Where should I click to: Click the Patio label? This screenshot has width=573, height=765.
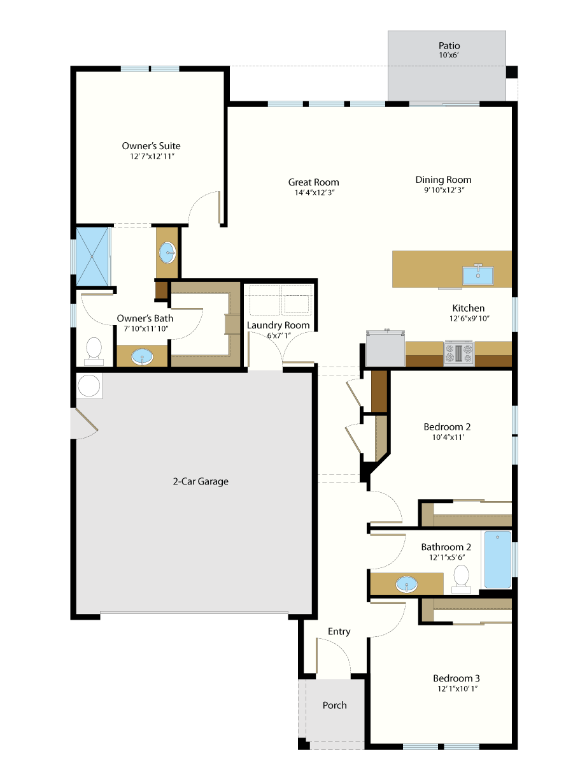[449, 46]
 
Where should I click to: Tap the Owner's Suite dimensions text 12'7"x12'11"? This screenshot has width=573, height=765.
[152, 156]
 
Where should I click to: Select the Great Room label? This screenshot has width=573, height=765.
[313, 182]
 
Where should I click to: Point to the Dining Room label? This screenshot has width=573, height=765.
[443, 180]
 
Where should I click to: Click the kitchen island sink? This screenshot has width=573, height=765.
[478, 275]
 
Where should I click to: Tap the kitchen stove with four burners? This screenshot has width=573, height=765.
[458, 353]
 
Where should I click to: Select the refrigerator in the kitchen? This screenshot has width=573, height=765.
[385, 348]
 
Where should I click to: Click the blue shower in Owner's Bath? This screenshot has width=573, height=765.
[92, 256]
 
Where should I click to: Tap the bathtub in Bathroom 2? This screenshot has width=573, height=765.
[497, 559]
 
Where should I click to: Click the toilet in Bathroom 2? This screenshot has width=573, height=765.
[461, 579]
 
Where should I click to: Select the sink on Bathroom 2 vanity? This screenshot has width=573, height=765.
[406, 584]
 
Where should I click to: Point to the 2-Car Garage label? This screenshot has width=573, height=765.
[201, 481]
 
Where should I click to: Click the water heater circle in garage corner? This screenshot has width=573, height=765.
[88, 386]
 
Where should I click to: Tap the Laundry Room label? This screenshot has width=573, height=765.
[278, 325]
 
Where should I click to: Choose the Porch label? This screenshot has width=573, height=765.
[334, 705]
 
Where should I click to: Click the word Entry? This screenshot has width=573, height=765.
[339, 631]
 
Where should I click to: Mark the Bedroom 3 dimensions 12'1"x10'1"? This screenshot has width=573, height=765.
[457, 688]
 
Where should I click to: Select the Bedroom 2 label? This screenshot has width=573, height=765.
[447, 426]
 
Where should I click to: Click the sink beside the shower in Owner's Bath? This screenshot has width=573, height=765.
[167, 252]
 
